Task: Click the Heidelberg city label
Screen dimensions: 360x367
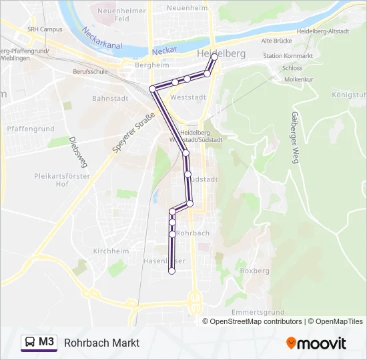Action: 222,53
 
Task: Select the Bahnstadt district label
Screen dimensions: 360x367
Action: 109,97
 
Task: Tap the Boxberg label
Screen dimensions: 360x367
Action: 254,271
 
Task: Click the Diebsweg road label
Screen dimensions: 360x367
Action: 73,153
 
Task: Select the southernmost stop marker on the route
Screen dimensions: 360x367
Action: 171,271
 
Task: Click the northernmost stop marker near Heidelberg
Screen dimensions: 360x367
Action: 215,57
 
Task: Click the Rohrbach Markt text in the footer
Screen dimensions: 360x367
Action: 102,343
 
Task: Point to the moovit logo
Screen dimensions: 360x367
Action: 316,343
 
